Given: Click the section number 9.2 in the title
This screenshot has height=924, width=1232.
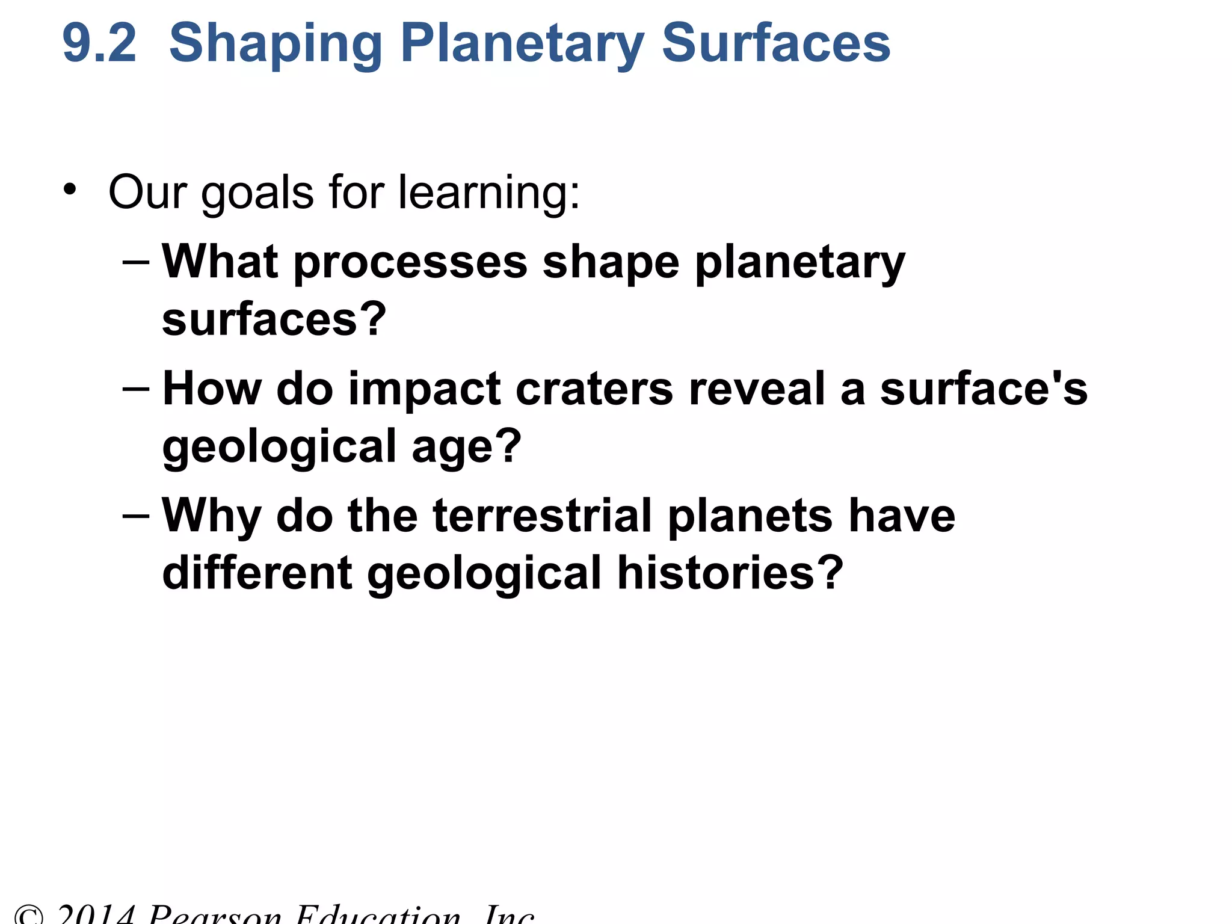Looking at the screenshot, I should pyautogui.click(x=99, y=43).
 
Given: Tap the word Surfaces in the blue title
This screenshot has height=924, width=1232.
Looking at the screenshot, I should pyautogui.click(x=775, y=43).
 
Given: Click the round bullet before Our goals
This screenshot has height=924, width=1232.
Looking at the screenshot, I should pyautogui.click(x=70, y=189).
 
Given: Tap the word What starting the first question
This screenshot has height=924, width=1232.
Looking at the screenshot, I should pyautogui.click(x=220, y=262).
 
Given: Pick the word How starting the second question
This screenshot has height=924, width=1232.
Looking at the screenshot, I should pyautogui.click(x=212, y=389).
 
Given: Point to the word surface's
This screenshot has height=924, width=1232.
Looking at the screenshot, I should pyautogui.click(x=984, y=389).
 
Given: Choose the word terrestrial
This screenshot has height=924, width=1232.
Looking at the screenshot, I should pyautogui.click(x=542, y=516).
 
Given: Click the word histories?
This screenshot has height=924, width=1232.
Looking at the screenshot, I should pyautogui.click(x=730, y=573).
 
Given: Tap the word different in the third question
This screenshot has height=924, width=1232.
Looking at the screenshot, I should pyautogui.click(x=257, y=573).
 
